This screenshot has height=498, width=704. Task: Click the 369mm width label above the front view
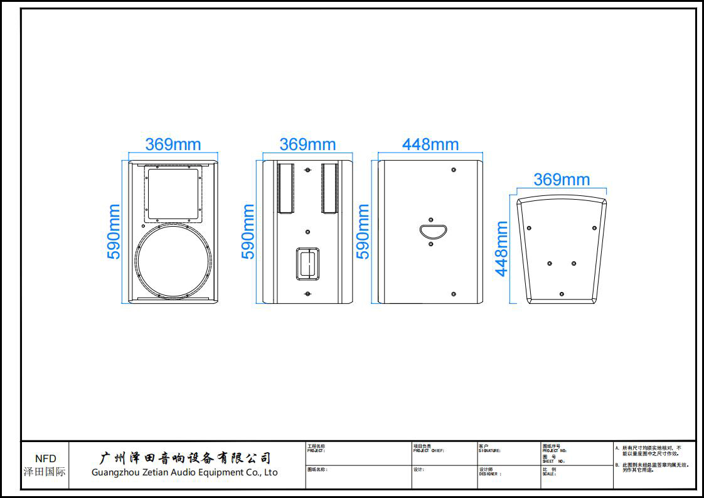(173, 144)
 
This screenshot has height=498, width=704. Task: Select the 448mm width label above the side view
(430, 144)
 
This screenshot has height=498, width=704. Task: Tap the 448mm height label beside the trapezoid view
(501, 249)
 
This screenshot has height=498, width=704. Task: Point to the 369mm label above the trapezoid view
(562, 180)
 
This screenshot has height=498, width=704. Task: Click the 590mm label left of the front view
(114, 232)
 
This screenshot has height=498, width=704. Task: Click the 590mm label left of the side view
(363, 232)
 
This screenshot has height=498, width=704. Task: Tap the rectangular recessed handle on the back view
(307, 263)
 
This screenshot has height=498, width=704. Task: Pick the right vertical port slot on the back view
(329, 188)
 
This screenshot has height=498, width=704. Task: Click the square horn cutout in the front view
(173, 193)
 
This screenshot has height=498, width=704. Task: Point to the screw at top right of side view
(454, 170)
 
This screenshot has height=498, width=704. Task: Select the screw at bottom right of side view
(454, 293)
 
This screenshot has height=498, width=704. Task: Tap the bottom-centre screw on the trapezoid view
(562, 294)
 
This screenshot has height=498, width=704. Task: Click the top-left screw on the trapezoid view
(529, 227)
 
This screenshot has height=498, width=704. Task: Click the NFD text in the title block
(45, 459)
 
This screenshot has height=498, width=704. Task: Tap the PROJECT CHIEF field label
(429, 451)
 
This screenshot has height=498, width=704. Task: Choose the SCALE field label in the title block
(549, 474)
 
